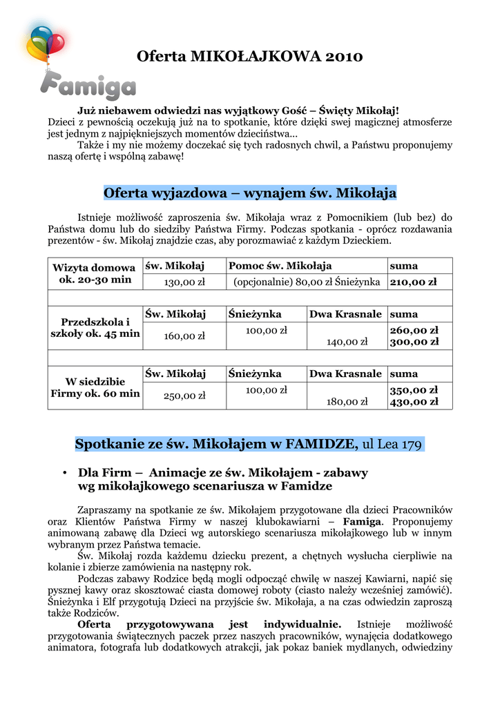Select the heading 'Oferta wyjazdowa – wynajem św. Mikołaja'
pyautogui.click(x=249, y=191)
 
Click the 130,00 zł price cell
pyautogui.click(x=184, y=282)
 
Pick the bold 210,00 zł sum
pyautogui.click(x=414, y=282)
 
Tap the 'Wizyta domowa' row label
pyautogui.click(x=94, y=267)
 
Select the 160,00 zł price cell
pyautogui.click(x=184, y=336)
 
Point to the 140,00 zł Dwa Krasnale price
pyautogui.click(x=347, y=341)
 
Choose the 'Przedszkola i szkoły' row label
pyautogui.click(x=95, y=328)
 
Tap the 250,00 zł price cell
pyautogui.click(x=184, y=396)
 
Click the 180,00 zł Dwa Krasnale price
pyautogui.click(x=347, y=400)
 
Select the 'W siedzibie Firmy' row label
pyautogui.click(x=95, y=387)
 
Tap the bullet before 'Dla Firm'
pyautogui.click(x=64, y=474)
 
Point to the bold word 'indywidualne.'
pyautogui.click(x=302, y=623)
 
